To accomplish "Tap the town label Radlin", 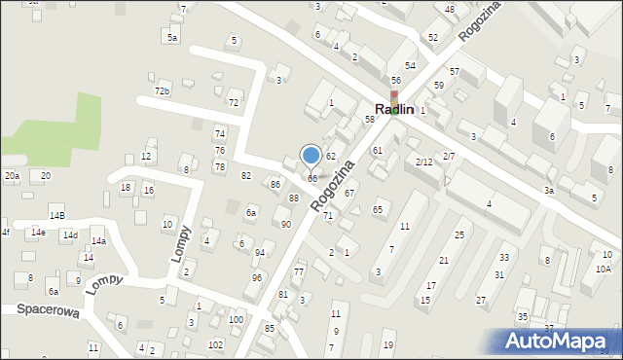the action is click(x=394, y=110).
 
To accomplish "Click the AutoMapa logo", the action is click(x=559, y=341).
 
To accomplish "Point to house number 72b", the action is click(x=162, y=91).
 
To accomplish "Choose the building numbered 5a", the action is click(x=172, y=38).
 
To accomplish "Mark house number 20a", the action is click(x=12, y=176).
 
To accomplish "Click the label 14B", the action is click(x=57, y=216).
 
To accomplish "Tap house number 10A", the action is click(x=604, y=269).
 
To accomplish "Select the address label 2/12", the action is click(x=424, y=162).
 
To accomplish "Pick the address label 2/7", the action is click(x=449, y=156).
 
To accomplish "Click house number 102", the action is click(x=215, y=345).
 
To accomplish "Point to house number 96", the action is click(x=257, y=277).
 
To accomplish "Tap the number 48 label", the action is click(x=449, y=10).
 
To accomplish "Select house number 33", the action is click(x=503, y=258).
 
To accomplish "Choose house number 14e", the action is click(x=38, y=233).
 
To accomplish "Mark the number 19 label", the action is click(x=388, y=345).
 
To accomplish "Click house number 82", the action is click(x=246, y=175).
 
